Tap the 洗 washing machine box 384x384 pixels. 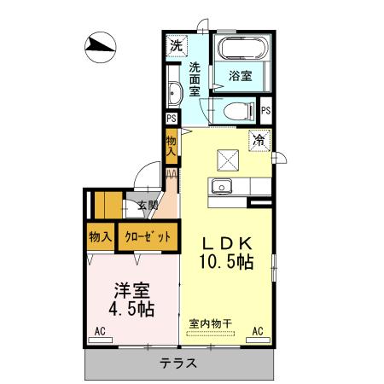[x=176, y=45]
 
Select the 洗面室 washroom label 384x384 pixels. [x=195, y=79]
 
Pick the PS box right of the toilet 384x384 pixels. [x=266, y=110]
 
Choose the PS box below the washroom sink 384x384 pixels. [x=172, y=119]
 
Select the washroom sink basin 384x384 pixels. [x=172, y=93]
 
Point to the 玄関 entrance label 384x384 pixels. [x=148, y=206]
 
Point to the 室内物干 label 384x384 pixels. [x=209, y=323]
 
